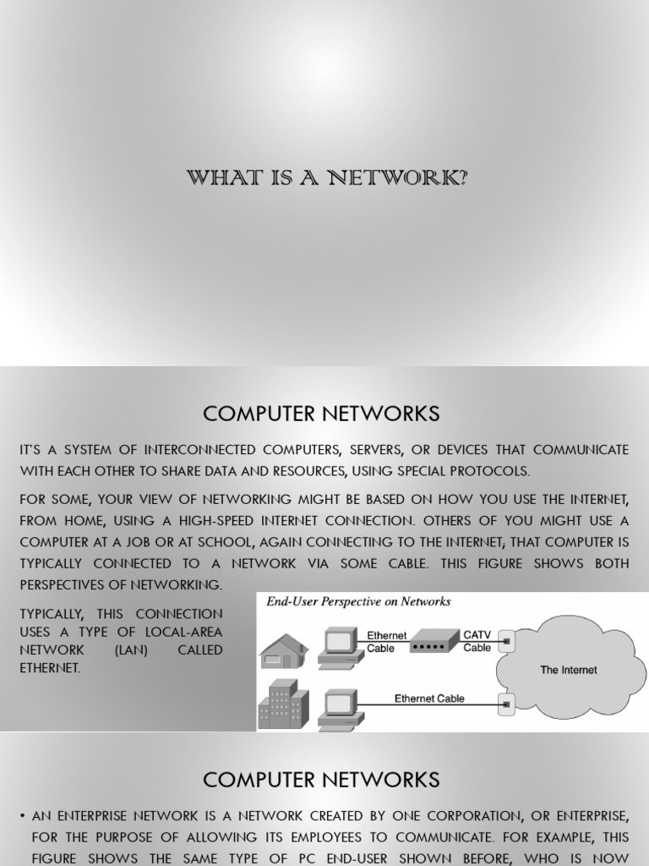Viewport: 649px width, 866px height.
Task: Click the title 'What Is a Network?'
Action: [327, 178]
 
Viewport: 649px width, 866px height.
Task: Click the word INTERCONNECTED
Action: [204, 450]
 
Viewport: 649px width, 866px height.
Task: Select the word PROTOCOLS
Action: [491, 470]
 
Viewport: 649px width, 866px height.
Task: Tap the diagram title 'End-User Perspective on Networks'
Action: [358, 602]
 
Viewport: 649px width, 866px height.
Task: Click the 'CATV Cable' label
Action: [477, 641]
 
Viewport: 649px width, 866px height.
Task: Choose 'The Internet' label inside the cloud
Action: [568, 670]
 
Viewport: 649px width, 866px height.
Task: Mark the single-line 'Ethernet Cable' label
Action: [429, 699]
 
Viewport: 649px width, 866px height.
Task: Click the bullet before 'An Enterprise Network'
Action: [22, 817]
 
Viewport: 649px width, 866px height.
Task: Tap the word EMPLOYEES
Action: [340, 837]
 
